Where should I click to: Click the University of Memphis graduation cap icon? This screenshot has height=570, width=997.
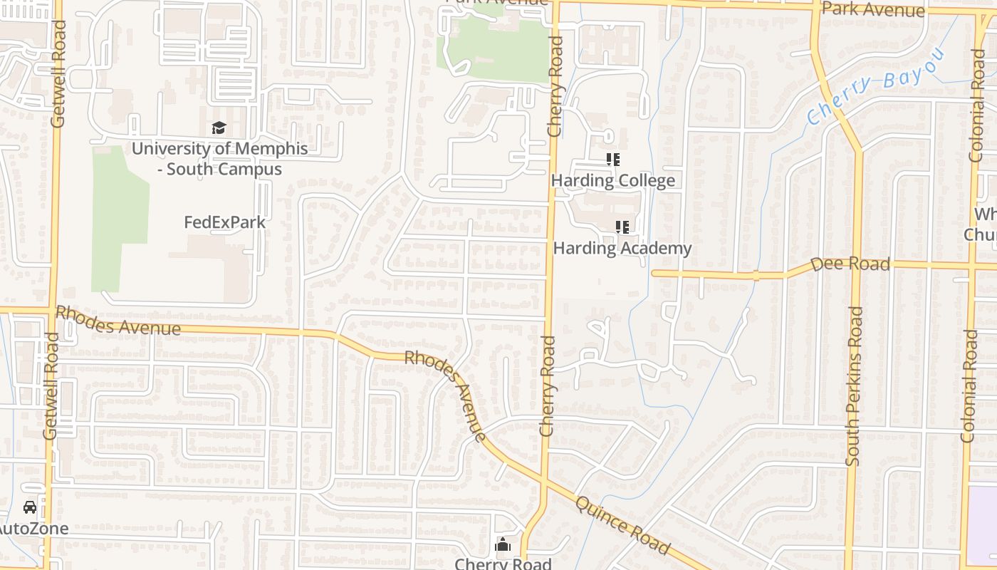coord(219,128)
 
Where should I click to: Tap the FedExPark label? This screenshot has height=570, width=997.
coord(224,222)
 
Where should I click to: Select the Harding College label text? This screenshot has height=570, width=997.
coord(612,180)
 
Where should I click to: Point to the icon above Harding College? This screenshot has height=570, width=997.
coord(613,160)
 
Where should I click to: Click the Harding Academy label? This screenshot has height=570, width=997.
coord(622,248)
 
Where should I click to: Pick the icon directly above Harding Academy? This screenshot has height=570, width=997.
coord(622,227)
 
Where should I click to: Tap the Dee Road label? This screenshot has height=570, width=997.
coord(850,264)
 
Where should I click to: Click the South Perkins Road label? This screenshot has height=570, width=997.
coord(855,386)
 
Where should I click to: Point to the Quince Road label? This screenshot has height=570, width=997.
coord(622,525)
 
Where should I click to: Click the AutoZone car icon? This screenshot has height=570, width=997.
coord(29,507)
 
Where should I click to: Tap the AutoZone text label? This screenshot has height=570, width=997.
coord(34,529)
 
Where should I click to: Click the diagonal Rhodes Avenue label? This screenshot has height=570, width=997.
coord(447,395)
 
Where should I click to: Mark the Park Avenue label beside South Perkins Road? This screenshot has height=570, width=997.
coord(872,9)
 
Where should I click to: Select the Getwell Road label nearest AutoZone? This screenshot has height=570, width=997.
coord(49,385)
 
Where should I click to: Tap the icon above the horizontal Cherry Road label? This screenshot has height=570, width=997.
coord(503,545)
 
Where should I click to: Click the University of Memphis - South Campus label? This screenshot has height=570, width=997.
coord(219,159)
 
